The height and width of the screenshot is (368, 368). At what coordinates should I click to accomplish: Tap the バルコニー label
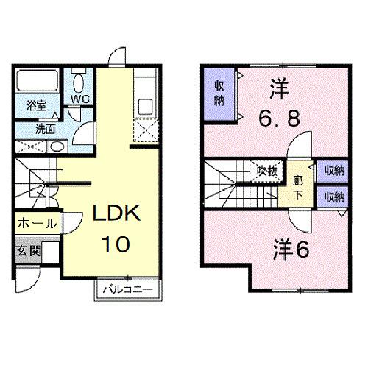pos(126,289)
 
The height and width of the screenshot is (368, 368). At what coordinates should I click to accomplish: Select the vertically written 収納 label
pos(219,93)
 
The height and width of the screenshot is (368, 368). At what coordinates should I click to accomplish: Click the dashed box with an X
pos(145,132)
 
